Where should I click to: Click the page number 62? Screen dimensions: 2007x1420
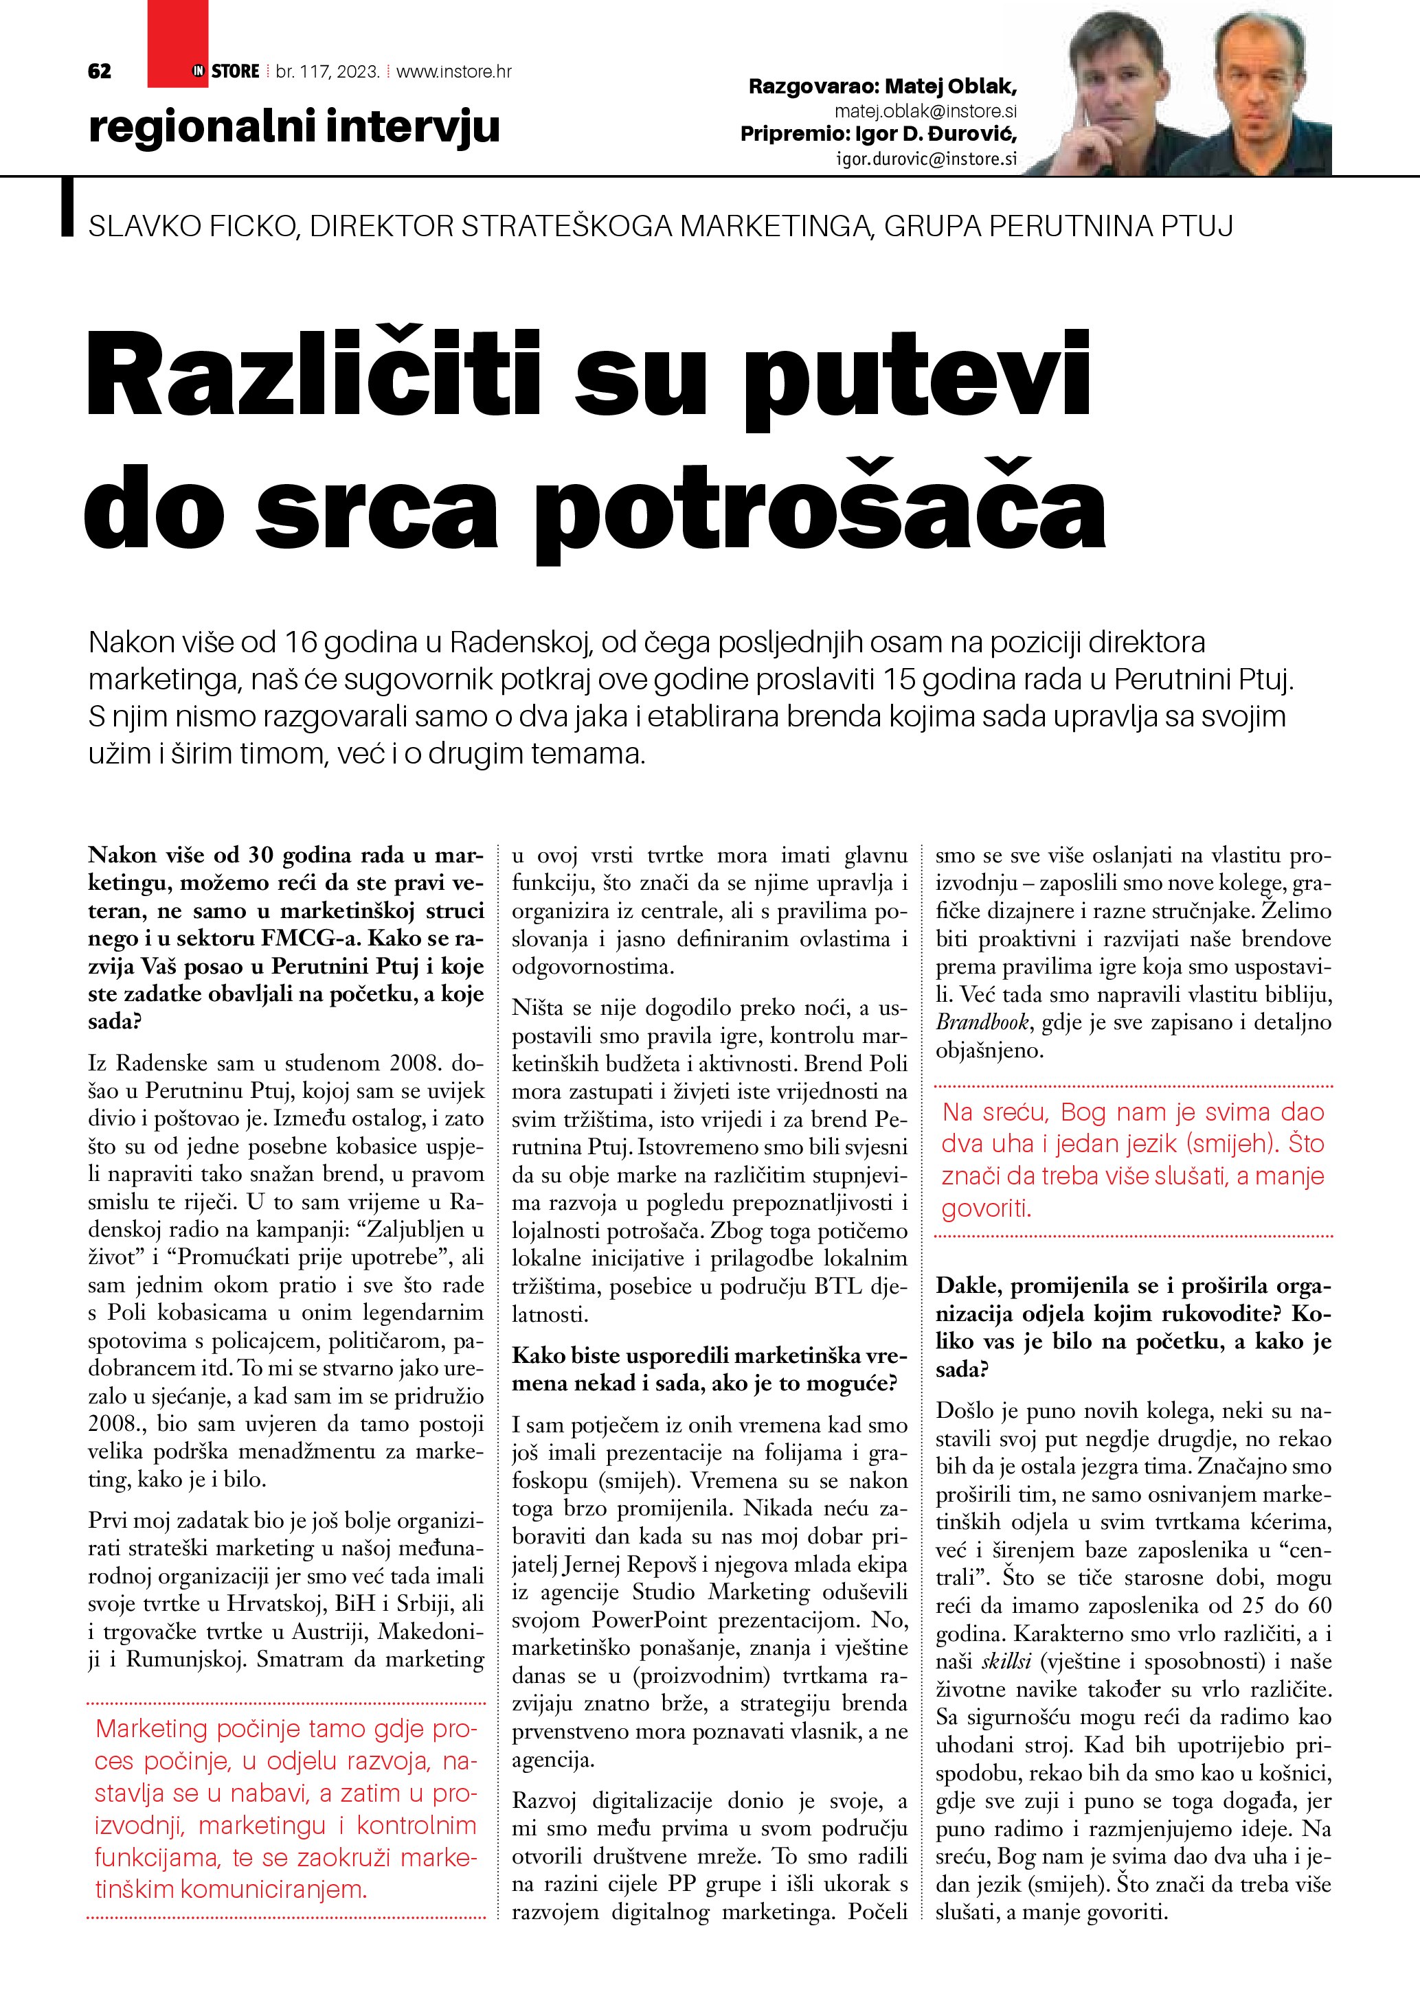(100, 71)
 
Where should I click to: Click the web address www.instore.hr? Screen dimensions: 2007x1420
(454, 71)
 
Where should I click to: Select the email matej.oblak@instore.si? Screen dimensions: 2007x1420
(925, 111)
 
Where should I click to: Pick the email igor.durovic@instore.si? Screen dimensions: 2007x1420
(927, 158)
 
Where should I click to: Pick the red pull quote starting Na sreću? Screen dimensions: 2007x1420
(1134, 1160)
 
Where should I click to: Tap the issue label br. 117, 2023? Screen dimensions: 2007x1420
(327, 71)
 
